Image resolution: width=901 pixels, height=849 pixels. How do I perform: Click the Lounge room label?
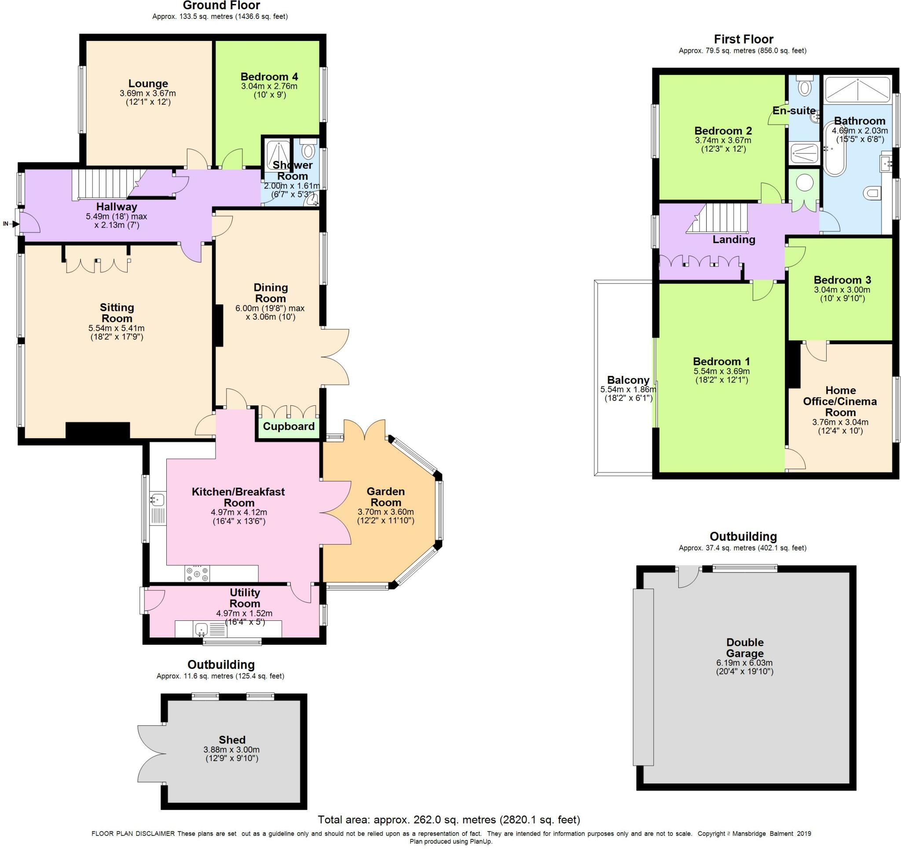click(148, 84)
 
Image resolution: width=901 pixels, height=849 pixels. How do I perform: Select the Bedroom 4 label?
click(269, 77)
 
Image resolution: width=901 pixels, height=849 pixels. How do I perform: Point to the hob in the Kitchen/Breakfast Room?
click(197, 574)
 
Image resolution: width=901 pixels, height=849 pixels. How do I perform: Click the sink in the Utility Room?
click(201, 629)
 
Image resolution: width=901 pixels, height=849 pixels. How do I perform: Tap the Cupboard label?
click(288, 426)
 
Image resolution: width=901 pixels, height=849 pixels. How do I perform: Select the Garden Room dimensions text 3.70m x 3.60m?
click(385, 512)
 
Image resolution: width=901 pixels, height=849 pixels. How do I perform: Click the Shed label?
click(231, 740)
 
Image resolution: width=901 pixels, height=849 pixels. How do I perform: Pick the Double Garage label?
click(745, 647)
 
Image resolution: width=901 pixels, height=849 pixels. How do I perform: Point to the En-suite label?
click(794, 110)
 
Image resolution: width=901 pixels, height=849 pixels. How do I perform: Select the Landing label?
click(733, 239)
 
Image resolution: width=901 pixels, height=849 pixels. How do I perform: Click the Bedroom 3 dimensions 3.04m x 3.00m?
click(842, 289)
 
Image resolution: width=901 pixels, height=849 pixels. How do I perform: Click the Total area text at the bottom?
click(449, 819)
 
